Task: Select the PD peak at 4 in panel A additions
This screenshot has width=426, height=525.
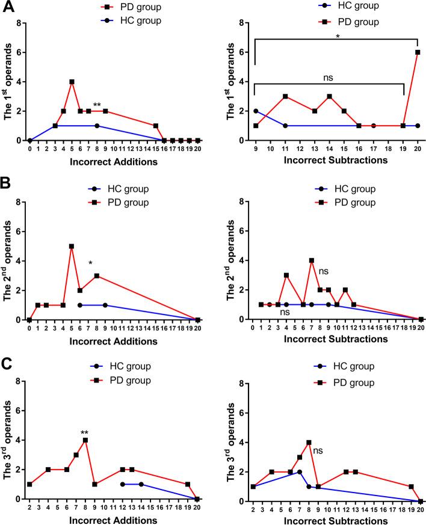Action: (x=72, y=82)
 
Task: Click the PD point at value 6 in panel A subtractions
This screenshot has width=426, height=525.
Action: (x=417, y=52)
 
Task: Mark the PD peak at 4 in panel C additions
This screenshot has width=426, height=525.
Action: (x=85, y=440)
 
